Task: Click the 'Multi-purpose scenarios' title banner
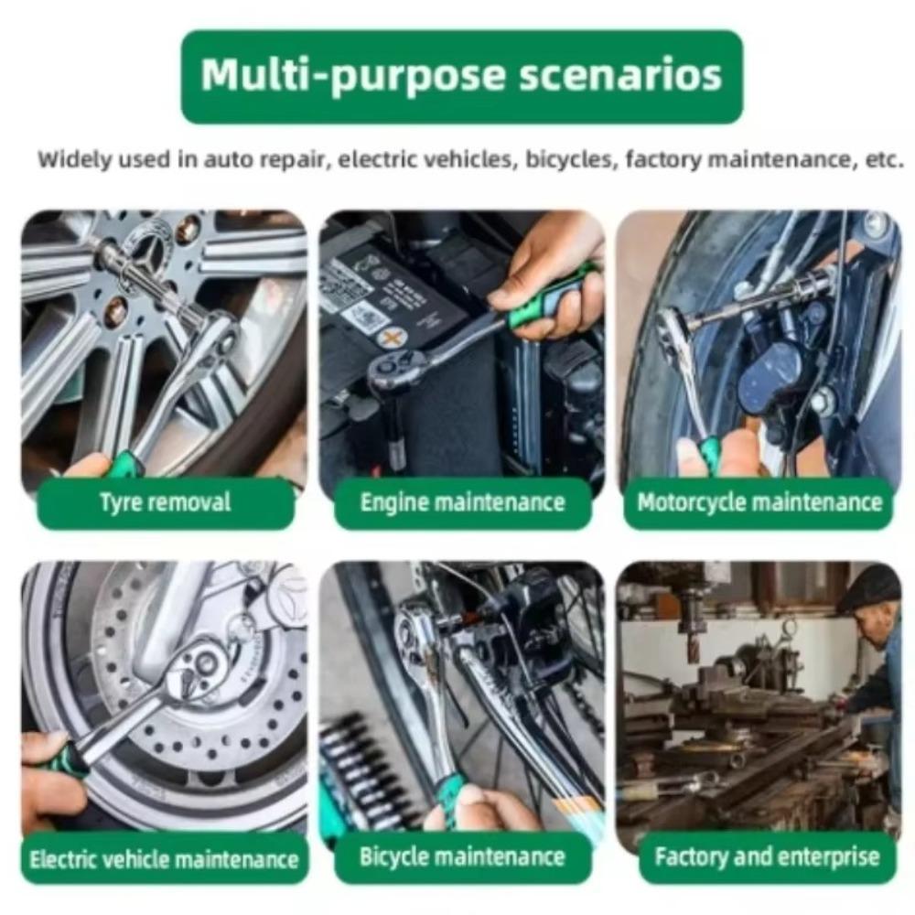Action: pos(461,76)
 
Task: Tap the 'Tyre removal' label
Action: pos(166,502)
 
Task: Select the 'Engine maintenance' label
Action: pos(462,502)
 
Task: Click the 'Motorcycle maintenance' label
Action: pos(759,502)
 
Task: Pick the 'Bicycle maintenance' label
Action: pos(462,857)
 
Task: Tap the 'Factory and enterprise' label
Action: pos(767,857)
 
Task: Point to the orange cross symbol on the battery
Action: pos(392,338)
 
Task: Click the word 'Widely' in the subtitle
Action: pos(70,159)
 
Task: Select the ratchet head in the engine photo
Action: pos(395,370)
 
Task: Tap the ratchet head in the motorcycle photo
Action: pos(674,329)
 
